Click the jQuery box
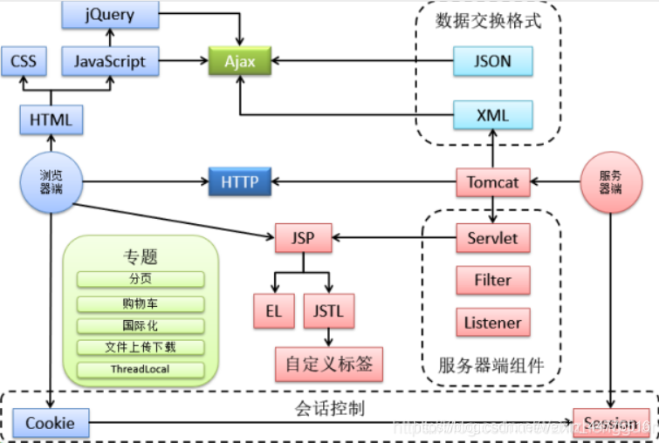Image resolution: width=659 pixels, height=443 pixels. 110,14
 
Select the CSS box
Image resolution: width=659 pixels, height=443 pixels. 24,62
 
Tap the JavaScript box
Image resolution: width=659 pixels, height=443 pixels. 110,62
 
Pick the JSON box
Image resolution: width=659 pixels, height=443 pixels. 493,62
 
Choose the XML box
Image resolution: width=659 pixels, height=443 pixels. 493,113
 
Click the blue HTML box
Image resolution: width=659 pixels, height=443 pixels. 51,119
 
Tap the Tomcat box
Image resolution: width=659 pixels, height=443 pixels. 493,183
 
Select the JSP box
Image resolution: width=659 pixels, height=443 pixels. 302,237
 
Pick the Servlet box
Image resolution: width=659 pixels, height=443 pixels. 493,238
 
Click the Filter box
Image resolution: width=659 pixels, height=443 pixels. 493,281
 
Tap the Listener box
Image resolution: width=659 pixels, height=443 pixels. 493,322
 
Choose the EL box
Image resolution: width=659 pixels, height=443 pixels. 274,310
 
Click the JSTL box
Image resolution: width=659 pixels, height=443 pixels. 327,310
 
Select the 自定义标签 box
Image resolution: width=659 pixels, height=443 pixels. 328,364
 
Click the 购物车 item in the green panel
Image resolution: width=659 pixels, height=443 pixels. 141,303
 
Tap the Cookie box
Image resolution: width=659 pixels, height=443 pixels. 51,423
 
